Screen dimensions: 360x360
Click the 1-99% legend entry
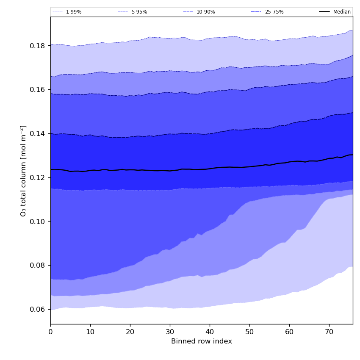point(73,12)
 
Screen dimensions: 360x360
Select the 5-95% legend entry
point(139,12)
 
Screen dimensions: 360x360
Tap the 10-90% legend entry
point(205,12)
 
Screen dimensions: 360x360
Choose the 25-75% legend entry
point(274,12)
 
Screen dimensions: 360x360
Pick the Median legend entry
point(341,12)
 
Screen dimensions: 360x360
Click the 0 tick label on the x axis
point(50,332)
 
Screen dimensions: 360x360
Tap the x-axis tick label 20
point(130,332)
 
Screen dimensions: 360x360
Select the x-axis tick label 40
point(210,332)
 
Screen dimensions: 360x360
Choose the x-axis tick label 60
point(289,332)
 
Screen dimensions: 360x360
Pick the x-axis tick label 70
point(329,332)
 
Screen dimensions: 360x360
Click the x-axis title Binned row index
point(202,342)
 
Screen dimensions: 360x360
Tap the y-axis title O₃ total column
point(24,171)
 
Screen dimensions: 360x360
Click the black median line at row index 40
point(210,169)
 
